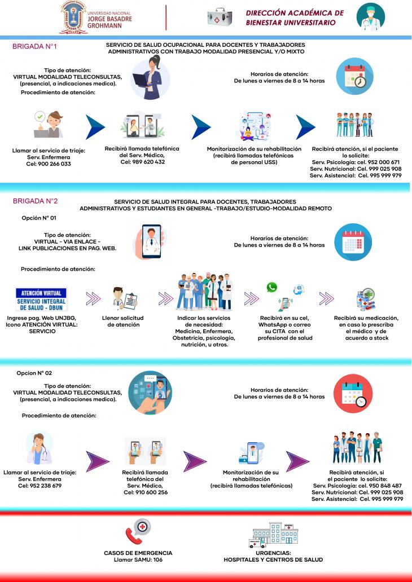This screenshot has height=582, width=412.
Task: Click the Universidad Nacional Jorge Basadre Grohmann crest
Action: coord(73,17)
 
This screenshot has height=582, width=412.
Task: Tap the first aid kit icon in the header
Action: coord(220,17)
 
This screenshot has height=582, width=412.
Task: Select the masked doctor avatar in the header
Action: coord(370,17)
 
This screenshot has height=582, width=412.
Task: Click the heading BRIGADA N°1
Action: coord(34,47)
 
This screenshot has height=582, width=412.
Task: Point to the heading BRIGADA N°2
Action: coord(36,201)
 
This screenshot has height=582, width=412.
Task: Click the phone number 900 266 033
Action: coord(54,164)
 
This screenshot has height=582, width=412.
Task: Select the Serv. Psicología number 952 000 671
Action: coord(383,162)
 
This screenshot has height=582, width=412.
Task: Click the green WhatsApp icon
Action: coord(272,287)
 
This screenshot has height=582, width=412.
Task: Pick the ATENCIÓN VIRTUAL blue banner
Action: coord(41,299)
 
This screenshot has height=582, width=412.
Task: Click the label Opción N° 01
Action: coord(39,218)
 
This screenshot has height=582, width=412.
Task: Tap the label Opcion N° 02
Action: coord(34,373)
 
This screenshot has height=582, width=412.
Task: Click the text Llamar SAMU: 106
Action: coord(138,560)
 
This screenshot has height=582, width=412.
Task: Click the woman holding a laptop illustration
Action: coord(151,78)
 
